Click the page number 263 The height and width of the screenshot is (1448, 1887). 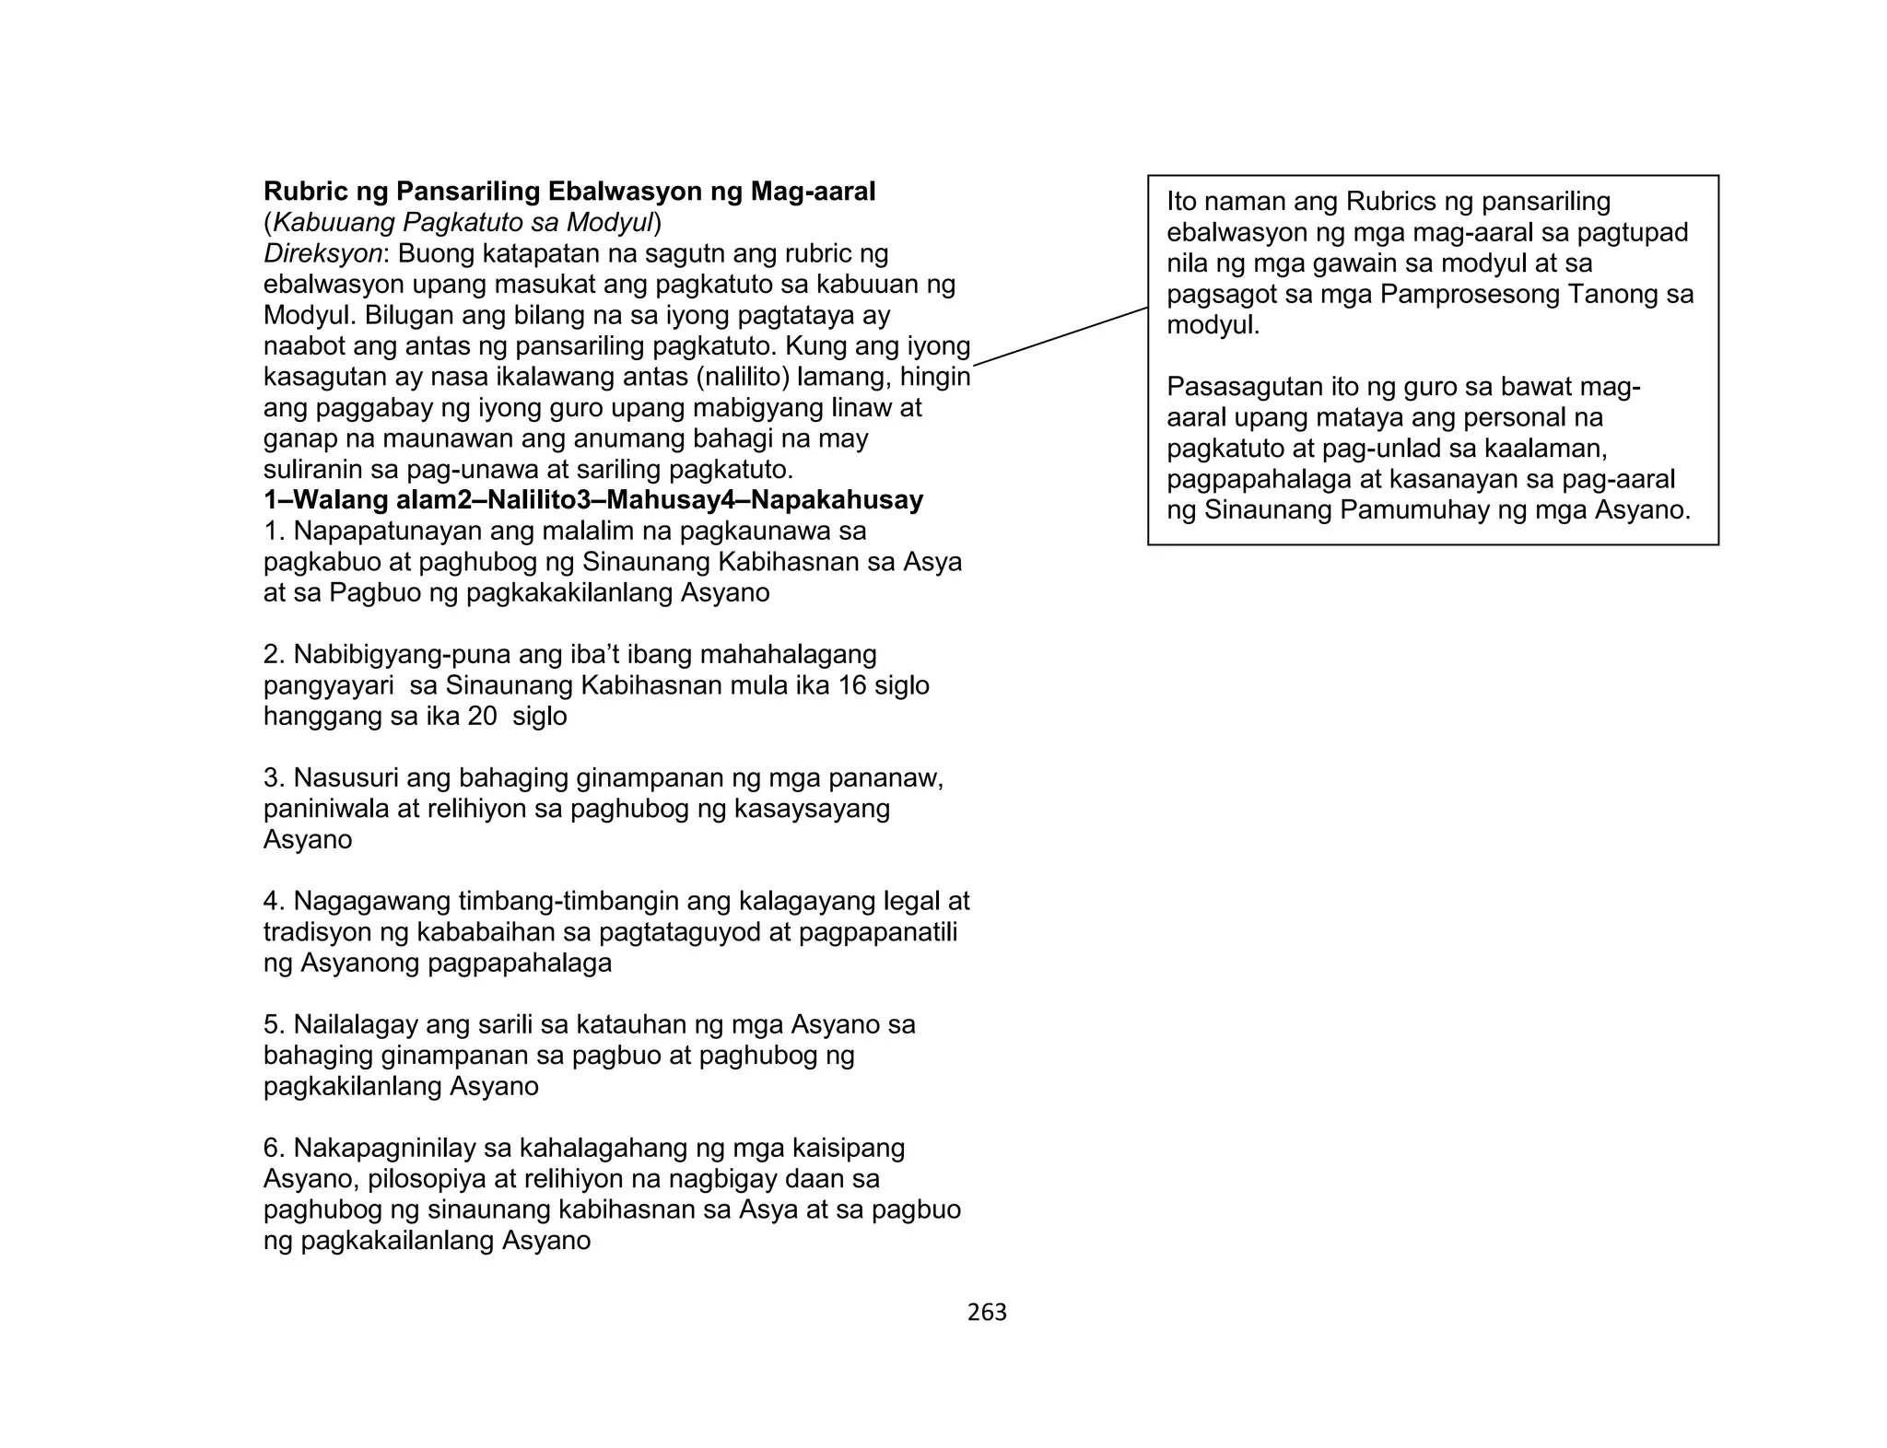tap(987, 1313)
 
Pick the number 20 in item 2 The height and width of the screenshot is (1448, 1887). tap(482, 717)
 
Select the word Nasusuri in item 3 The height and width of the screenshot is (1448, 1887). tap(346, 778)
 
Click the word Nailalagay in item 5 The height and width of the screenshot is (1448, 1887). tap(355, 1024)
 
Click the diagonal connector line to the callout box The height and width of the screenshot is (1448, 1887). tap(1060, 336)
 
